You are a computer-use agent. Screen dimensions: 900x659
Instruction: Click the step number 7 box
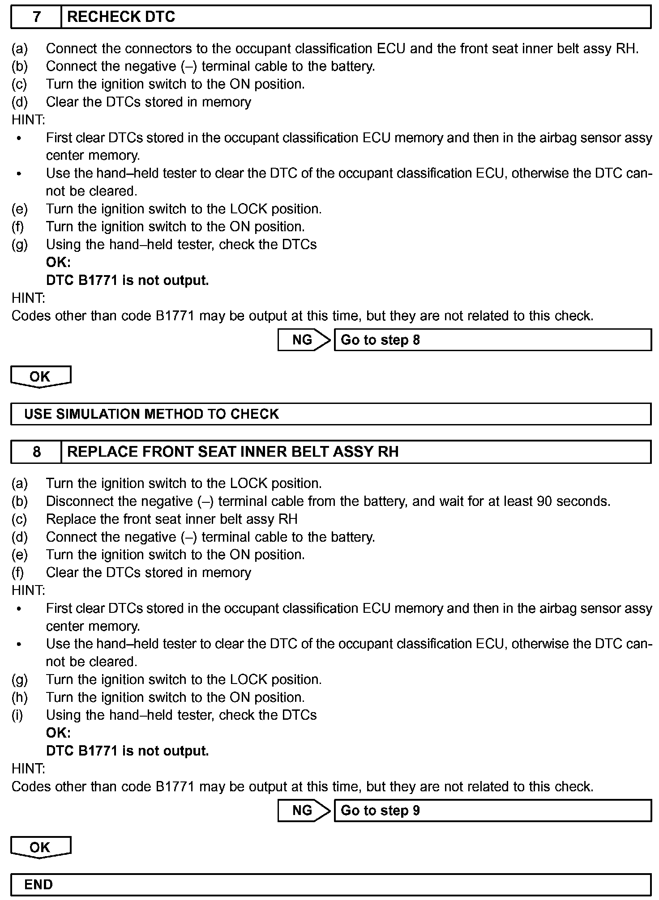pos(36,17)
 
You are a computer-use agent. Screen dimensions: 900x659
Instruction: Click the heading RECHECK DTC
pos(121,17)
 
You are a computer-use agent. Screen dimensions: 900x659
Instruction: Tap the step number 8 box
pos(36,452)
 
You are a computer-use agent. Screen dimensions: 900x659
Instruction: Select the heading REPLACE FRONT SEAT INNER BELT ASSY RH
pos(233,452)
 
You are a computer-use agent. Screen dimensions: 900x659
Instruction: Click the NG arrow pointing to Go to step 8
pos(304,340)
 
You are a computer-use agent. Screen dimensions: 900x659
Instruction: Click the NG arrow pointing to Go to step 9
pos(304,811)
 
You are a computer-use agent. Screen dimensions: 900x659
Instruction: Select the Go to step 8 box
pos(492,340)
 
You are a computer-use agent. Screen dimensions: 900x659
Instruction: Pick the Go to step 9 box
pos(492,811)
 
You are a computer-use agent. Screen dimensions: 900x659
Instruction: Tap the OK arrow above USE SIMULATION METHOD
pos(40,377)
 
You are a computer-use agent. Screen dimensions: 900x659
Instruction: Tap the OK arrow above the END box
pos(40,847)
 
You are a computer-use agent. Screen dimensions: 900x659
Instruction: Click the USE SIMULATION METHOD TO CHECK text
pos(151,414)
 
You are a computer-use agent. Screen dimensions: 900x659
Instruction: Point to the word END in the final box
pos(39,884)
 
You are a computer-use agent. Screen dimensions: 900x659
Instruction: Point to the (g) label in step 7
pos(19,245)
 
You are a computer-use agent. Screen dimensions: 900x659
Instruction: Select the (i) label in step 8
pos(17,715)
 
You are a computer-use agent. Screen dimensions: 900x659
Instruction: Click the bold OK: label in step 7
pos(58,263)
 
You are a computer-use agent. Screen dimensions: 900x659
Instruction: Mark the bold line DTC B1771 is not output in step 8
pos(127,751)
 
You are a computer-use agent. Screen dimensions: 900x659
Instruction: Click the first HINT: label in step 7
pos(28,120)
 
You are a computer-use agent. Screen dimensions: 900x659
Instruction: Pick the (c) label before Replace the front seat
pos(19,519)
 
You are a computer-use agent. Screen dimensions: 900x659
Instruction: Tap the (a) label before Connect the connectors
pos(19,48)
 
